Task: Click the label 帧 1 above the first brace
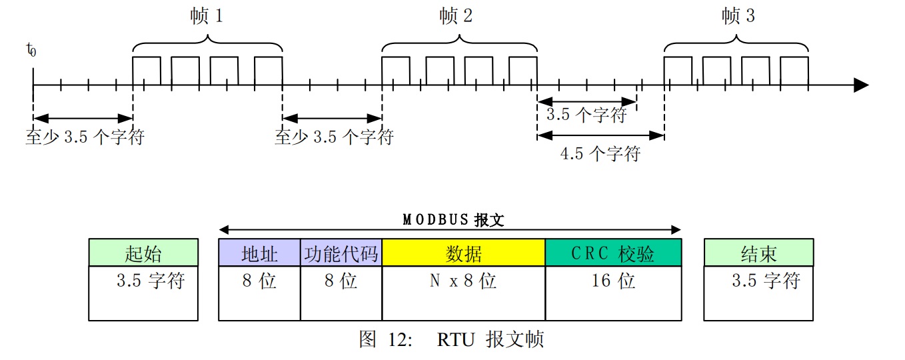[207, 17]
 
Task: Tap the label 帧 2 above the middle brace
[456, 17]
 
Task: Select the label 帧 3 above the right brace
[738, 17]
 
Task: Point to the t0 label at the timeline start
[31, 49]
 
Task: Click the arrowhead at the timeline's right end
[861, 85]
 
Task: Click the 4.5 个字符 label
[600, 153]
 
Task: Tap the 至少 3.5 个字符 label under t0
[85, 137]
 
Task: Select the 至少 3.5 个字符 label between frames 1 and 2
[335, 137]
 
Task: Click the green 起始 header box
[143, 253]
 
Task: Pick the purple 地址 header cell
[259, 253]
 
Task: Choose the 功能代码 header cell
[341, 253]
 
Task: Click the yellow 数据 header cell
[463, 253]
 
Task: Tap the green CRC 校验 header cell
[613, 253]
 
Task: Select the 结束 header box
[759, 253]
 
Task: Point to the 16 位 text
[613, 281]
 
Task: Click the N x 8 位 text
[463, 281]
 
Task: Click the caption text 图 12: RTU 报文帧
[452, 339]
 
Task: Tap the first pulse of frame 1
[147, 71]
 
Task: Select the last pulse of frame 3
[794, 71]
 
